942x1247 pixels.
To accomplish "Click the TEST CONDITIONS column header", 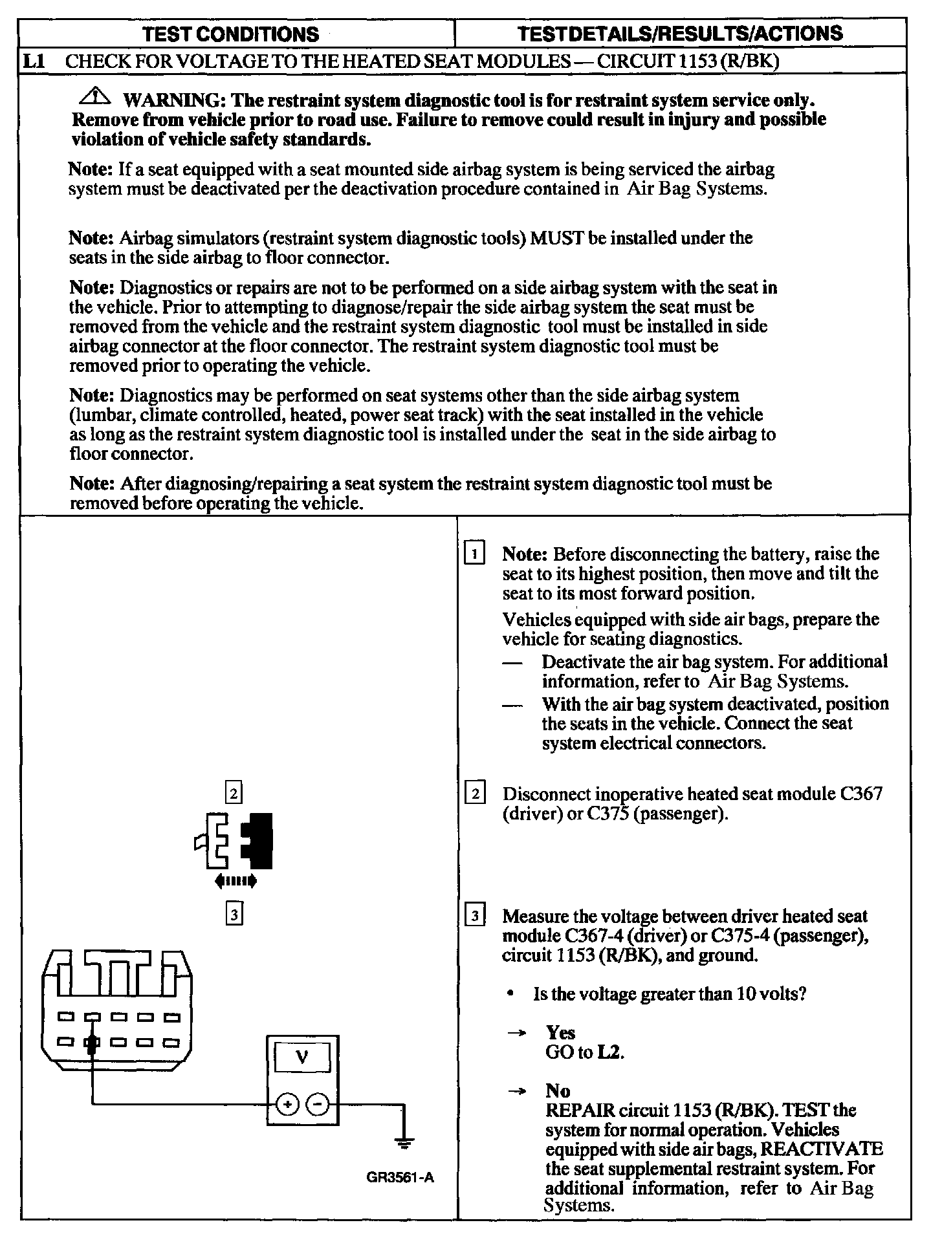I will click(x=230, y=34).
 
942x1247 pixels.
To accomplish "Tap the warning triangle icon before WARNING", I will click(x=96, y=97).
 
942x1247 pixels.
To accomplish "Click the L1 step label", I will click(x=33, y=61).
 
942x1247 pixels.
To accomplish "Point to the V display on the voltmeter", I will click(x=301, y=1058).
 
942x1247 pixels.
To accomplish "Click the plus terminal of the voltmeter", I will click(x=286, y=1105).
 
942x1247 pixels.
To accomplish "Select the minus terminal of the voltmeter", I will click(x=317, y=1105).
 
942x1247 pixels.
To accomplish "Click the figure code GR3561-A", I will click(x=400, y=1177).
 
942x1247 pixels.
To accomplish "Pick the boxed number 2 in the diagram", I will click(x=233, y=792).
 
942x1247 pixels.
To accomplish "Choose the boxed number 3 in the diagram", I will click(x=234, y=914).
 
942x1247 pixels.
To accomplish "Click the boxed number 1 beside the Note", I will click(x=475, y=554).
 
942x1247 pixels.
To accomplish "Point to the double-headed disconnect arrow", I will click(x=235, y=880).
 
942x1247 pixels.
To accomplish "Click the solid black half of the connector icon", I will click(x=259, y=840).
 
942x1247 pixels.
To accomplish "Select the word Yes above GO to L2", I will click(x=560, y=1032).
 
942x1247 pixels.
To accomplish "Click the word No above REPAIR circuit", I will click(x=558, y=1091).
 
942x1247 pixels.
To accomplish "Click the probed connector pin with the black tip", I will click(x=93, y=1043).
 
